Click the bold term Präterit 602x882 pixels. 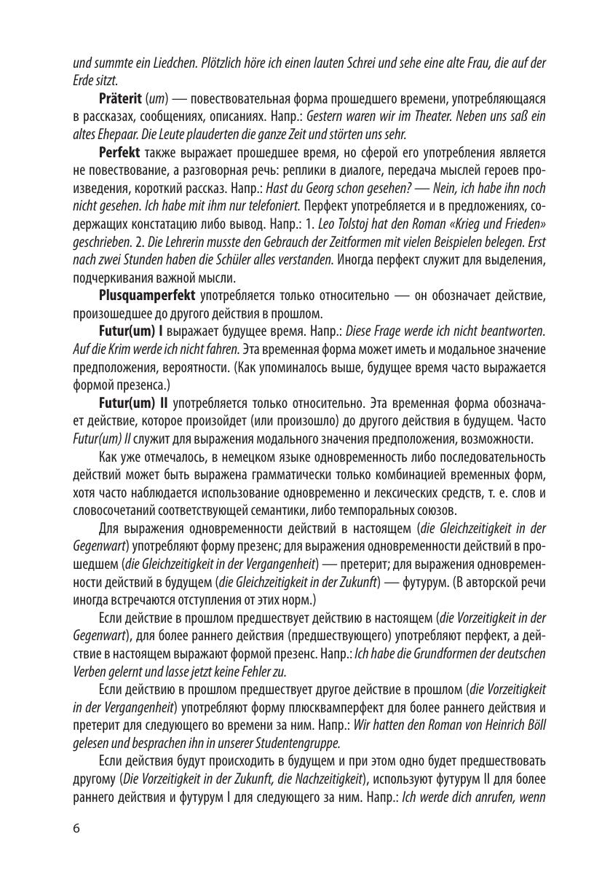coord(120,98)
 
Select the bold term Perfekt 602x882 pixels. coord(119,152)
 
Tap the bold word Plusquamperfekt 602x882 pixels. coord(146,296)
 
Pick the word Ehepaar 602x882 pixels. coord(119,134)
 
